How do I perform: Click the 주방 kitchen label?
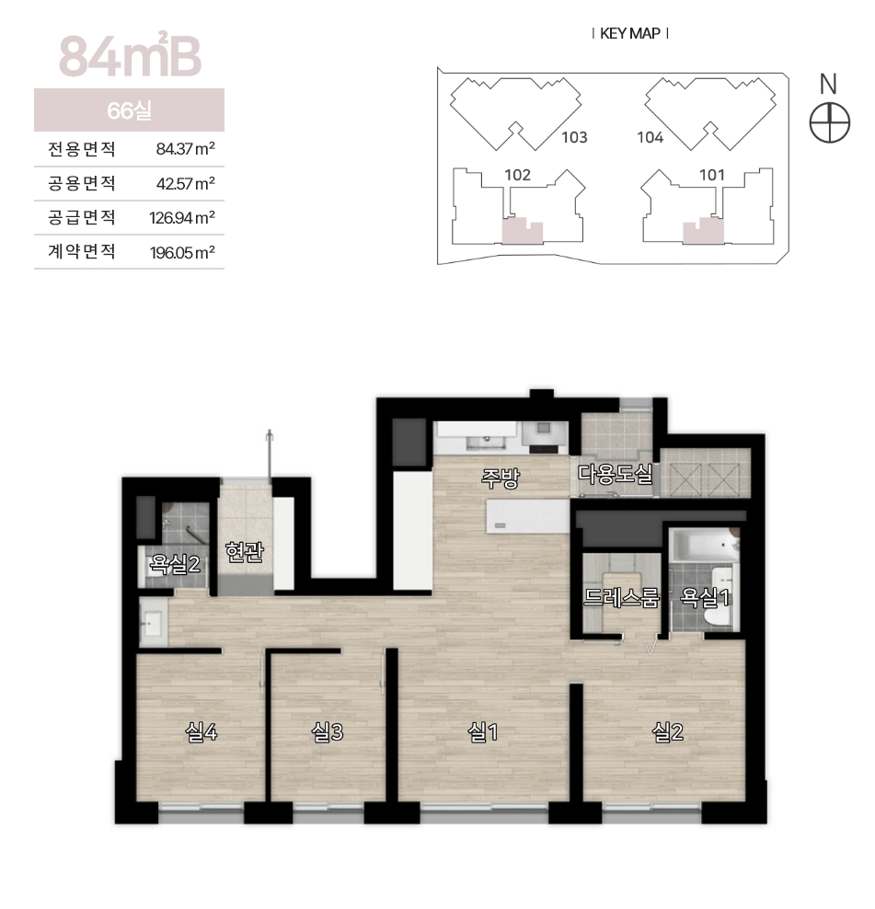point(500,478)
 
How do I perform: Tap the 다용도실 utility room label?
point(616,474)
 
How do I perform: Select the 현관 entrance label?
point(245,551)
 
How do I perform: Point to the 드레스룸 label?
point(621,597)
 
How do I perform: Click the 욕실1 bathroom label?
point(704,597)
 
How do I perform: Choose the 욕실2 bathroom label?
point(175,563)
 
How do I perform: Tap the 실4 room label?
point(201,732)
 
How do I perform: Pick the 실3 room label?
point(328,732)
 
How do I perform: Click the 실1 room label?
point(482,732)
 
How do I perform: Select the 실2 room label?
point(667,732)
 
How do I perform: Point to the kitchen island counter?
point(528,516)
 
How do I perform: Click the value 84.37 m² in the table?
point(186,149)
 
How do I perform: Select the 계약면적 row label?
point(82,251)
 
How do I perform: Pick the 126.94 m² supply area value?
point(182,218)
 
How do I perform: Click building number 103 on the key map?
point(574,137)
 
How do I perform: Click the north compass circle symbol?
point(829,123)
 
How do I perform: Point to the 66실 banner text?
point(129,110)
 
